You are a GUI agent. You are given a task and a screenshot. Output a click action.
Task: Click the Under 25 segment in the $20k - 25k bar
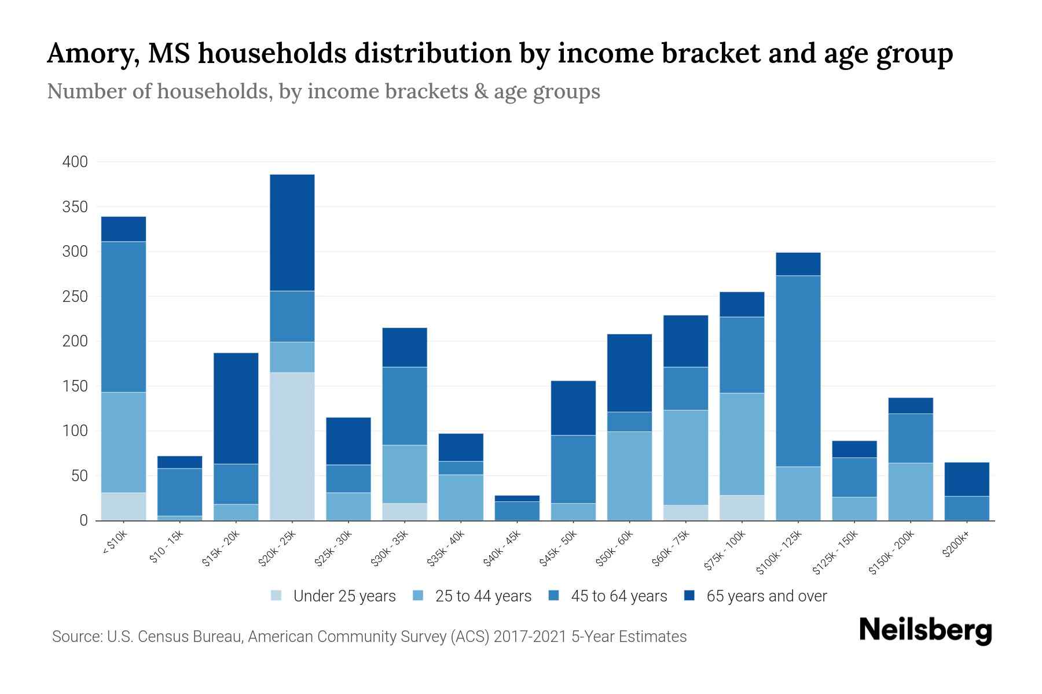pyautogui.click(x=292, y=446)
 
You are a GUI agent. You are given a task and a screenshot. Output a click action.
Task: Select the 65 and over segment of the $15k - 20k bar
pyautogui.click(x=236, y=408)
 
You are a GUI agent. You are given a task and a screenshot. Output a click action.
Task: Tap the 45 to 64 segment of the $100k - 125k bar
pyautogui.click(x=798, y=371)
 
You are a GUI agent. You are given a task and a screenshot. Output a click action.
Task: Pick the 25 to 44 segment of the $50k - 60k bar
pyautogui.click(x=629, y=475)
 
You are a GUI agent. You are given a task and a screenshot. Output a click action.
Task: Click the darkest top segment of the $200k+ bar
pyautogui.click(x=967, y=479)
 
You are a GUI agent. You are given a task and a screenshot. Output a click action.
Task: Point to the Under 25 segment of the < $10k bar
pyautogui.click(x=123, y=506)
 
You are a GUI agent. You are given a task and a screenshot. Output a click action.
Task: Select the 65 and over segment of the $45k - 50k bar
pyautogui.click(x=573, y=408)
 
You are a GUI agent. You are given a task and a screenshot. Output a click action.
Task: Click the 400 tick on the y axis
pyautogui.click(x=75, y=162)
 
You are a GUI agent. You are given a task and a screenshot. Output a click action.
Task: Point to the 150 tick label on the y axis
pyautogui.click(x=75, y=386)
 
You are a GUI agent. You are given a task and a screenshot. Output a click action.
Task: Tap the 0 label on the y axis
pyautogui.click(x=83, y=520)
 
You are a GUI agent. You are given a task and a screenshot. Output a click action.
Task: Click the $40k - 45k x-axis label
pyautogui.click(x=502, y=548)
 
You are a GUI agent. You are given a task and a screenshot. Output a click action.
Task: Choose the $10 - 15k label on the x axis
pyautogui.click(x=166, y=547)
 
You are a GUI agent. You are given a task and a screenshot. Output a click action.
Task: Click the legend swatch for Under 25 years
pyautogui.click(x=277, y=596)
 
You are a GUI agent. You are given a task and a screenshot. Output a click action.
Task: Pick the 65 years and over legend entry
pyautogui.click(x=766, y=596)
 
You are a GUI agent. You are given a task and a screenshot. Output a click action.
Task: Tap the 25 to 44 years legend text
pyautogui.click(x=483, y=596)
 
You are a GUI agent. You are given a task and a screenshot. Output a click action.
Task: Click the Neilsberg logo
pyautogui.click(x=925, y=630)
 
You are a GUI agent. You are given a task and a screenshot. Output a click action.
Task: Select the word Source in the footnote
pyautogui.click(x=76, y=637)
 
